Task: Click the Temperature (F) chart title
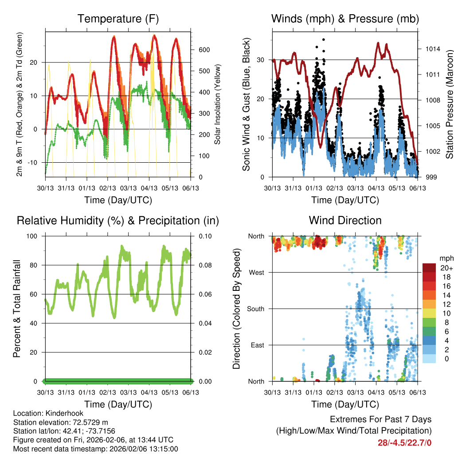(x=118, y=19)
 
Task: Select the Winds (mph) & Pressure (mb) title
(x=345, y=19)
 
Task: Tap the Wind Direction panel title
(x=345, y=220)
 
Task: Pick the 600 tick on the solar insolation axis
(x=204, y=50)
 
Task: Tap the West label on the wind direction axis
(x=256, y=273)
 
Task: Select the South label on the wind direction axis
(x=255, y=309)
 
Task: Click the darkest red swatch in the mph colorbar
(x=430, y=268)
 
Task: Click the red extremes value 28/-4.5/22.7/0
(x=404, y=442)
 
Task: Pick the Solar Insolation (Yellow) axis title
(x=217, y=105)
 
